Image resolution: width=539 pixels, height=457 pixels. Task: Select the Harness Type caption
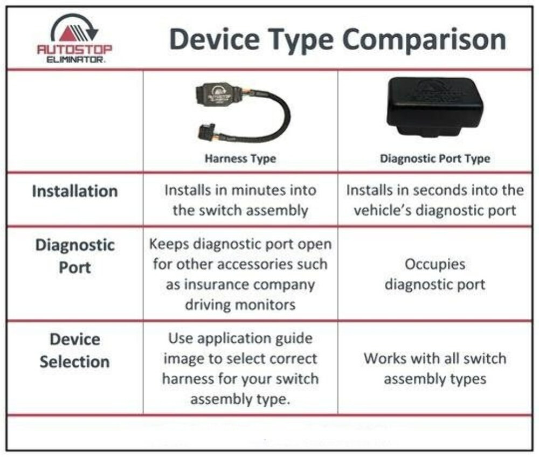click(240, 158)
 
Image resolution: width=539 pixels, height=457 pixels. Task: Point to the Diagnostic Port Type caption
click(435, 158)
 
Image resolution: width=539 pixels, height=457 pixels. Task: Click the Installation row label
click(74, 191)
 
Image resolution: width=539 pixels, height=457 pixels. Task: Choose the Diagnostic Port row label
click(74, 256)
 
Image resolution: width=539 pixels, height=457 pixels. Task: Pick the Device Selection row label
click(74, 350)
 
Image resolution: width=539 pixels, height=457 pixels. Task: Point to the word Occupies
click(435, 264)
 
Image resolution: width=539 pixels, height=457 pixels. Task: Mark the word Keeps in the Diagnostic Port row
click(169, 244)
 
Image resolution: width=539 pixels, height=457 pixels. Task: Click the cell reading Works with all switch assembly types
click(435, 369)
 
